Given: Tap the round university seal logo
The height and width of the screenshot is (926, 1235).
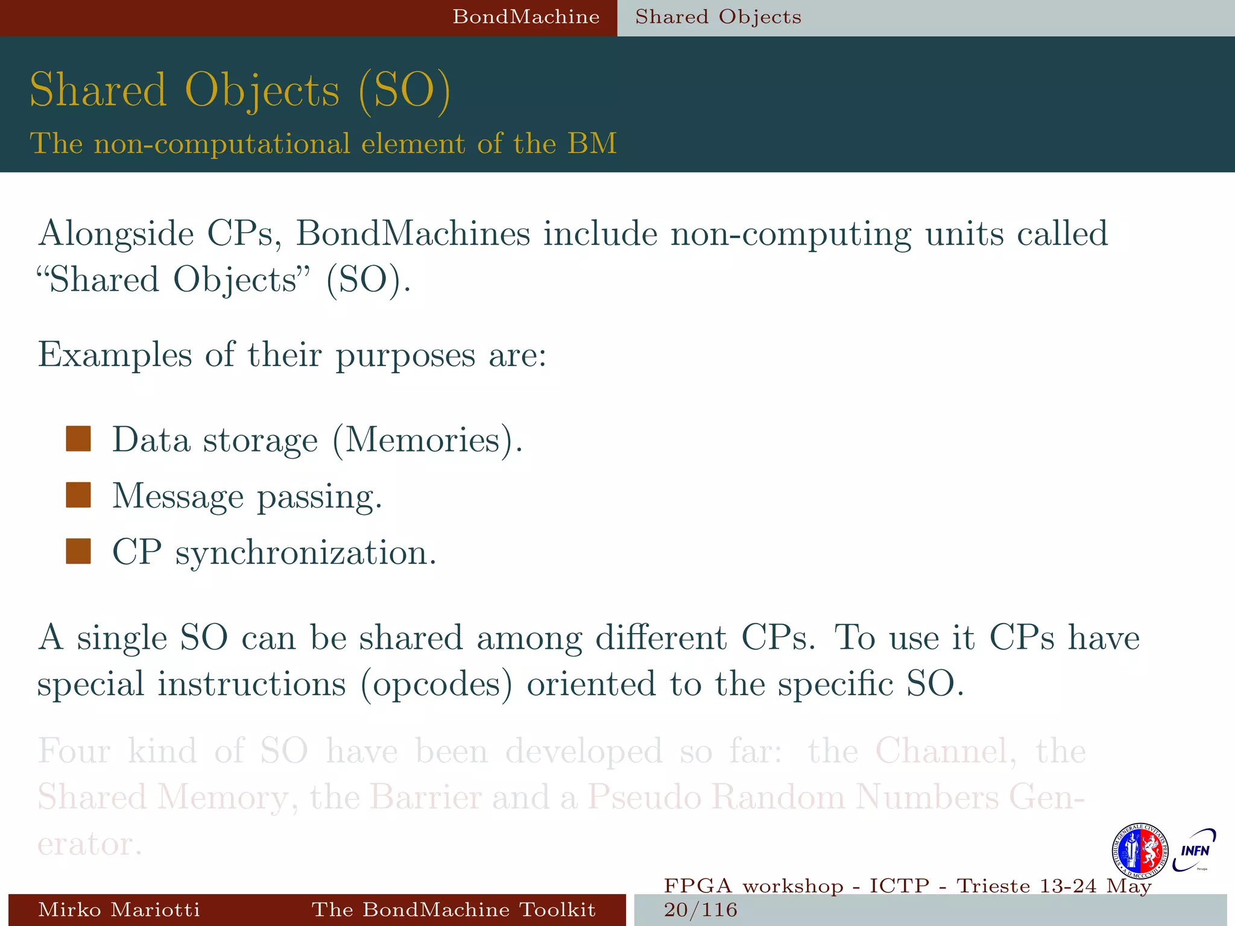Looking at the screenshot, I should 1139,851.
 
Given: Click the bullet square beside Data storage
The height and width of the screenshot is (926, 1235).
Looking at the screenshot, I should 78,439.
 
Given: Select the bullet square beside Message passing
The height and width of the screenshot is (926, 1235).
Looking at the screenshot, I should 78,495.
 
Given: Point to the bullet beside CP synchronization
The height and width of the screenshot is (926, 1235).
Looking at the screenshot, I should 78,551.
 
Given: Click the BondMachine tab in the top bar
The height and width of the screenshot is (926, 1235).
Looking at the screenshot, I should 526,17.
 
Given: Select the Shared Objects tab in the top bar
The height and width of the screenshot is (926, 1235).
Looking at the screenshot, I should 718,17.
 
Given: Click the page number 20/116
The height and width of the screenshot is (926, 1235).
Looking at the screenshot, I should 701,910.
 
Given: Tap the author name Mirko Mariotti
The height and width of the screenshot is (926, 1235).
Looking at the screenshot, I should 119,910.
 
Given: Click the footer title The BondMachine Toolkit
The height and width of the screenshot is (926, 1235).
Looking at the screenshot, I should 453,910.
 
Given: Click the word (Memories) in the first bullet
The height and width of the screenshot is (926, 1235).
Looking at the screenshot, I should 427,440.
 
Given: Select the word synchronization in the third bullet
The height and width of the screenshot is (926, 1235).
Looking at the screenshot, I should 306,553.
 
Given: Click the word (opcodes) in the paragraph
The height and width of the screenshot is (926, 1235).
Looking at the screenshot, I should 437,684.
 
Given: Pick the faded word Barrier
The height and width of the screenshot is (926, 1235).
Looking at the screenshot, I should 425,797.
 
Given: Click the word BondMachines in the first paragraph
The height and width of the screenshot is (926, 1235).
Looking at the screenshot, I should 413,234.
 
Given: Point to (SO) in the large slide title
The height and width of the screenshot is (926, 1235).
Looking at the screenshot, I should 404,90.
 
